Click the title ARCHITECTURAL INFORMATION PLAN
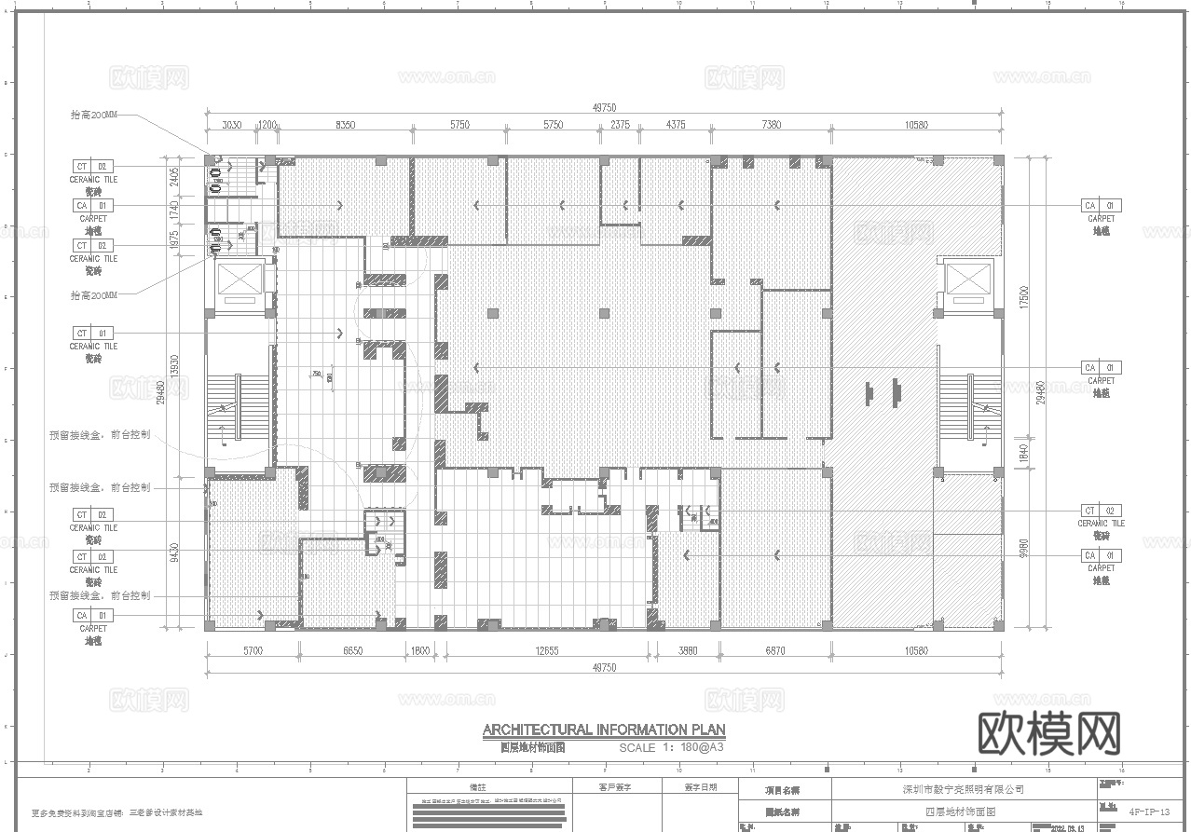pyautogui.click(x=604, y=730)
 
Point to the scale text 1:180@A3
pyautogui.click(x=672, y=747)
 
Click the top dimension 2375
pyautogui.click(x=620, y=125)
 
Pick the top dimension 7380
pyautogui.click(x=771, y=125)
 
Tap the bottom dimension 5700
pyautogui.click(x=253, y=651)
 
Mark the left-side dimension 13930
pyautogui.click(x=175, y=364)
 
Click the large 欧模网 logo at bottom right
pyautogui.click(x=1048, y=734)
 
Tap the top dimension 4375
pyautogui.click(x=677, y=125)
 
